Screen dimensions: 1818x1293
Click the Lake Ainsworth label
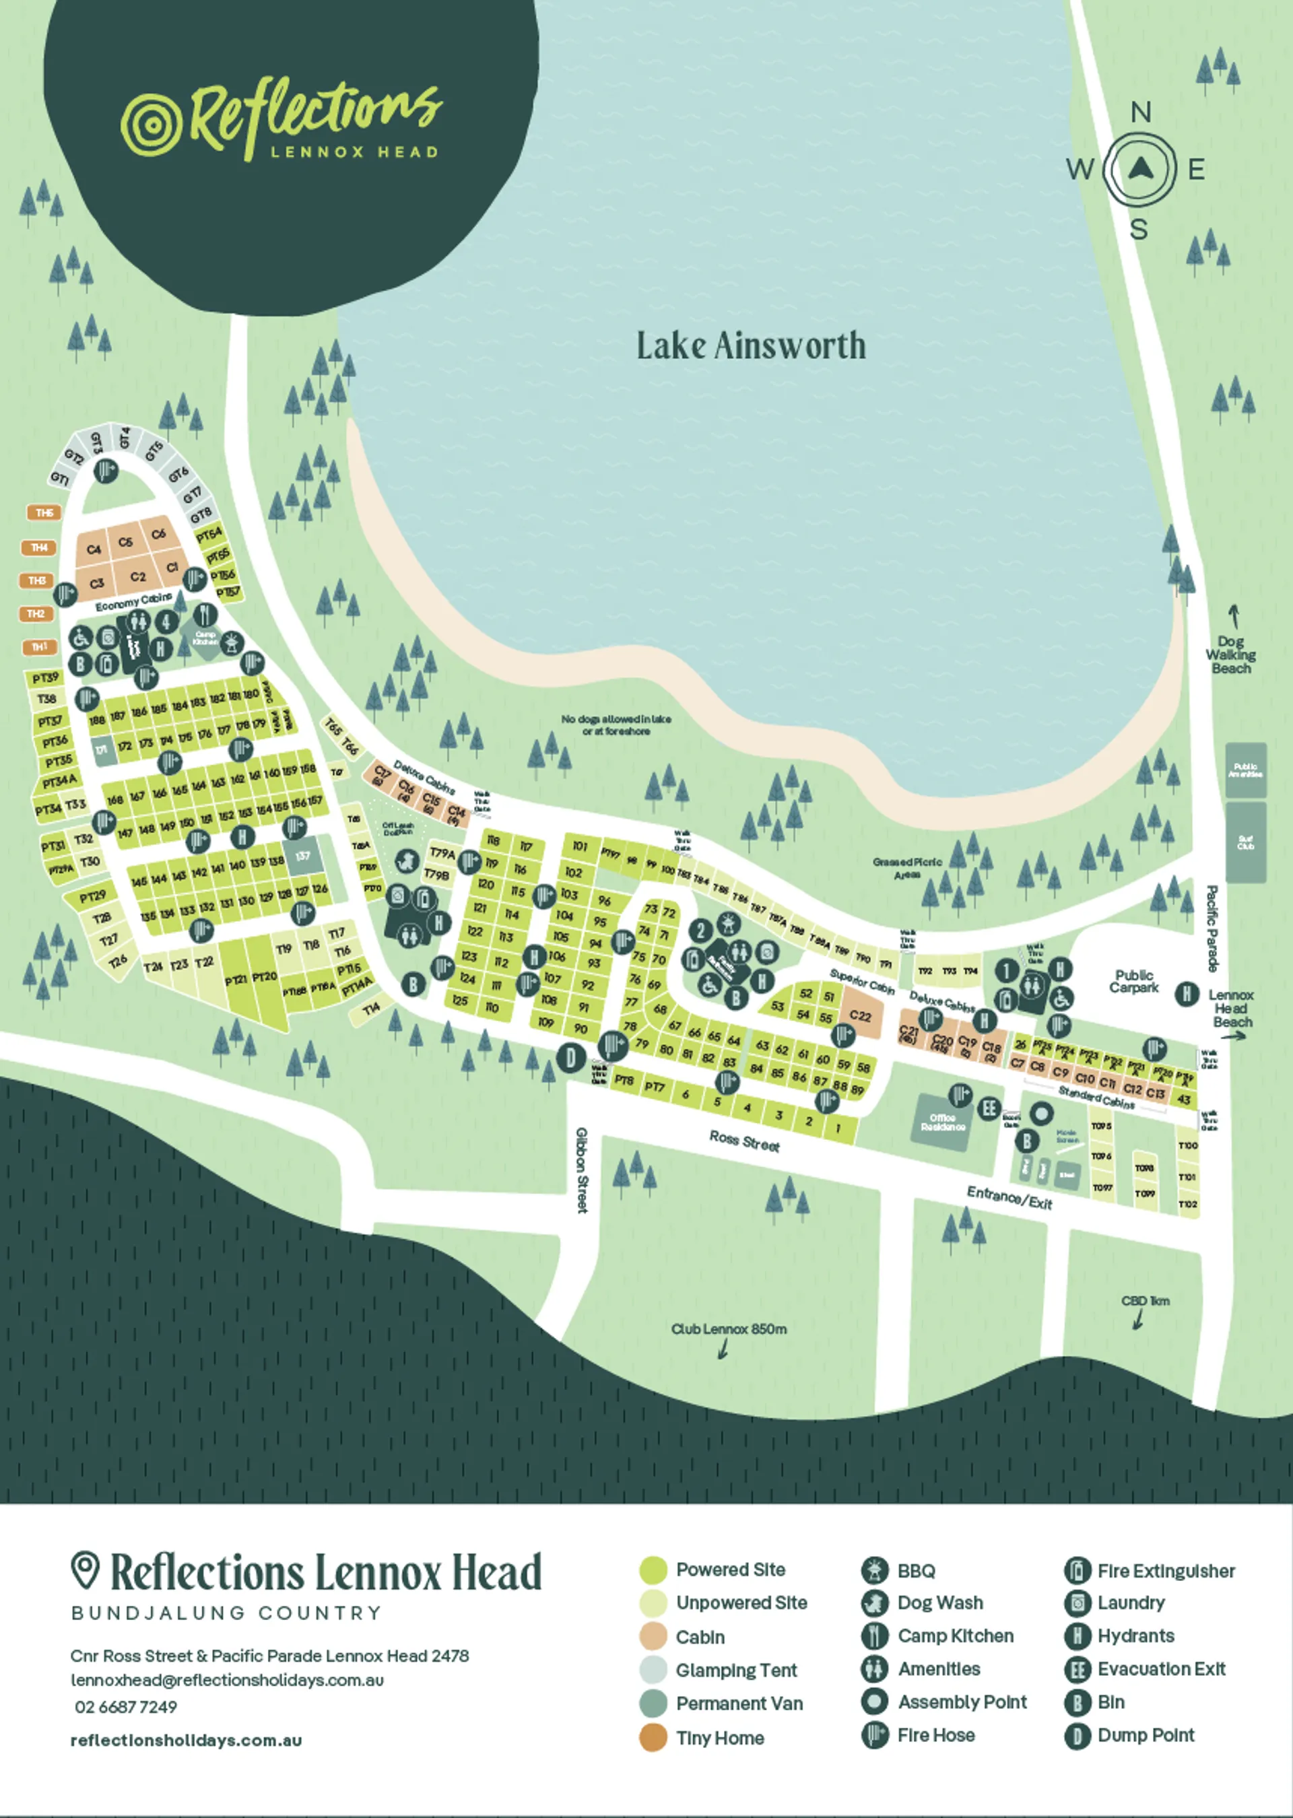(751, 345)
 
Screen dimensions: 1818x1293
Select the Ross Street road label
(744, 1141)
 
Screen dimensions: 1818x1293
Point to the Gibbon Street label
(582, 1170)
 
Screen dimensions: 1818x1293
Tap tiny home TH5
(44, 512)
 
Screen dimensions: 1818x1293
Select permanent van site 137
(302, 856)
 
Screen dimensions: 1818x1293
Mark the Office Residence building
(943, 1122)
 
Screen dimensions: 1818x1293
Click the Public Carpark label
(1134, 980)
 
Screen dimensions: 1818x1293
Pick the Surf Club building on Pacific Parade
(1245, 843)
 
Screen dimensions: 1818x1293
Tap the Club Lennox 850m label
(729, 1328)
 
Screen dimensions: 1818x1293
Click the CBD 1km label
(1145, 1301)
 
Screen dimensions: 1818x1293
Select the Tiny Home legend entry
(719, 1738)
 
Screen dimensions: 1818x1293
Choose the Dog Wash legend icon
(874, 1603)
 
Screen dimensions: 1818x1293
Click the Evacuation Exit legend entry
(1161, 1669)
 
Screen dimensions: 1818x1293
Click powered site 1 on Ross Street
(838, 1128)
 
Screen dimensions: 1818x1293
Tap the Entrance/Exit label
(1009, 1197)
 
